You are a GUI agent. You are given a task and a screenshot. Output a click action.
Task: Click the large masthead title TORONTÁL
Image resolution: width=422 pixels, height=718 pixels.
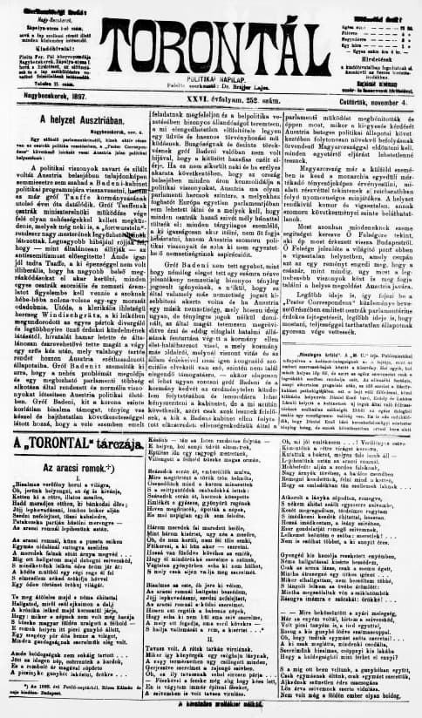pyautogui.click(x=211, y=27)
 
